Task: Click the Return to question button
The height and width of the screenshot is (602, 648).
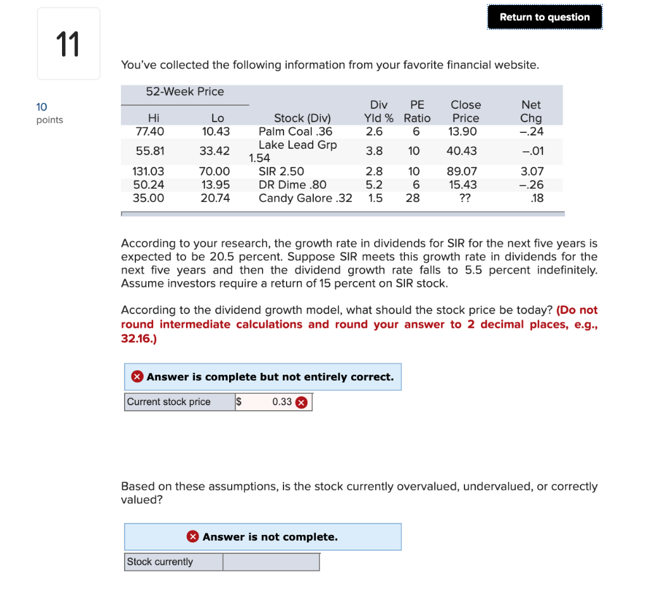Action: pyautogui.click(x=544, y=17)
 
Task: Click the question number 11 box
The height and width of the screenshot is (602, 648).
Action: pyautogui.click(x=68, y=44)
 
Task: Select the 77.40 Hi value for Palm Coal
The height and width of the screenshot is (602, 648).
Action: pyautogui.click(x=149, y=132)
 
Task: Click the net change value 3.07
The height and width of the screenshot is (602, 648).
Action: pyautogui.click(x=532, y=172)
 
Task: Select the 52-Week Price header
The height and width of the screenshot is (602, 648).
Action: pyautogui.click(x=185, y=92)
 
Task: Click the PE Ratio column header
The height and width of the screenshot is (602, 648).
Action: pyautogui.click(x=417, y=111)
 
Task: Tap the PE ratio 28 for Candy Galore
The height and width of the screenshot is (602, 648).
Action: pyautogui.click(x=413, y=198)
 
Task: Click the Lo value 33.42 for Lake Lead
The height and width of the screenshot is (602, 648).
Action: pyautogui.click(x=215, y=151)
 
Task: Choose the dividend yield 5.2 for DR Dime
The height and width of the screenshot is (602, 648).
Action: pyautogui.click(x=373, y=185)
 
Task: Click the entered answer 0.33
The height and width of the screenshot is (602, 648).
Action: pyautogui.click(x=282, y=402)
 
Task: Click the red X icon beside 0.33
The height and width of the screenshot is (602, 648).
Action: pyautogui.click(x=302, y=403)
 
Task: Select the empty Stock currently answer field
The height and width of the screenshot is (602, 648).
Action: pyautogui.click(x=271, y=562)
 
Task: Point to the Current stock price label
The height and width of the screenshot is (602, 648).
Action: pyautogui.click(x=169, y=402)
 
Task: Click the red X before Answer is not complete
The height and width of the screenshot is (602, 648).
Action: pyautogui.click(x=193, y=537)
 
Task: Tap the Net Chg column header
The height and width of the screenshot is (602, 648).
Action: pyautogui.click(x=530, y=111)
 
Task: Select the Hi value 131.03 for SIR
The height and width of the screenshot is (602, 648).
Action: pyautogui.click(x=148, y=172)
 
